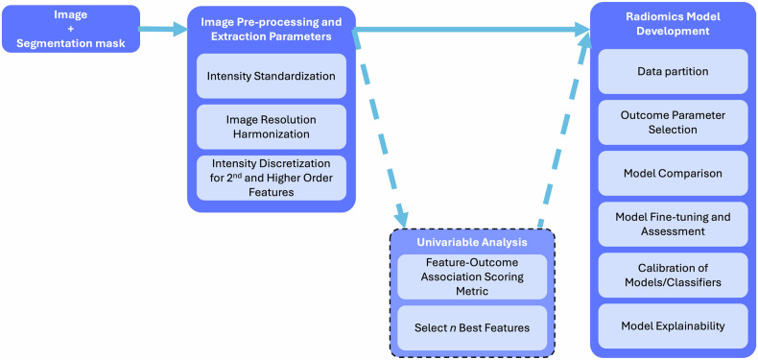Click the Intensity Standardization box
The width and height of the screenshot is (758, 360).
[272, 76]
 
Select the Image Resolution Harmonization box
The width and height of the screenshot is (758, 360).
[272, 127]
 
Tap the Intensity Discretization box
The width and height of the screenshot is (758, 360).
[272, 178]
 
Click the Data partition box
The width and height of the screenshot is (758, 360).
[673, 72]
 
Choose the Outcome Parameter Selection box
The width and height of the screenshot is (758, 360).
[673, 123]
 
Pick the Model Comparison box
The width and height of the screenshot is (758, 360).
[673, 173]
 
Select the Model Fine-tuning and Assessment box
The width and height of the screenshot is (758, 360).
[673, 224]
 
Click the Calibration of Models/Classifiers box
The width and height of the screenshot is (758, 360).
[673, 275]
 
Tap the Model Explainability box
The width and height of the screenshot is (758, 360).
[673, 326]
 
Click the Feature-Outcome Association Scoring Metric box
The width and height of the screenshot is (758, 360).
[472, 276]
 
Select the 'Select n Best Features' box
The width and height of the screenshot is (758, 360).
[472, 327]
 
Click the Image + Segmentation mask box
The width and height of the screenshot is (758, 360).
[71, 29]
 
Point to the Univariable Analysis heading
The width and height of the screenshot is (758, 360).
[472, 242]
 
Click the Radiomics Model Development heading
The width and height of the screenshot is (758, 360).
[673, 24]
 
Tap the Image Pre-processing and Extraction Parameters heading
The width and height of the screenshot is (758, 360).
[272, 29]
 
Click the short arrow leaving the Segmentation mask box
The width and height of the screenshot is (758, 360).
[163, 30]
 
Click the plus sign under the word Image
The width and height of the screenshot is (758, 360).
[71, 29]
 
